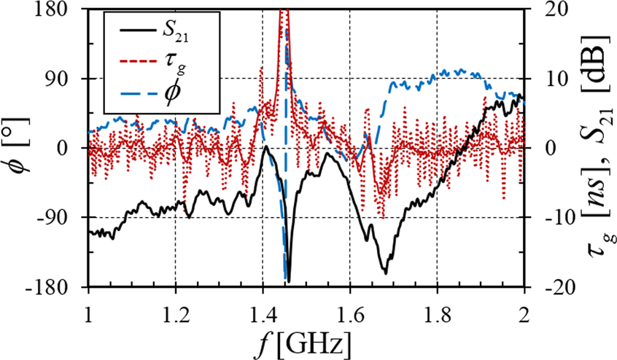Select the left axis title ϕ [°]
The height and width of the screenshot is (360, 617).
(x=18, y=148)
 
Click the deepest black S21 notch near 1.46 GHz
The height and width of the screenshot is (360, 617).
(x=289, y=281)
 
